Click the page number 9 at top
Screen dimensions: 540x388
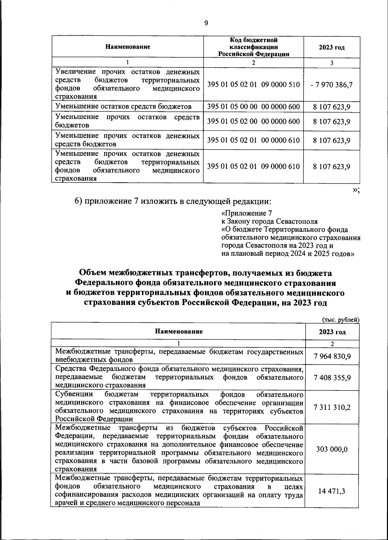coord(206,23)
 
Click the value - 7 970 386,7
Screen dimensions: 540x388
coord(332,85)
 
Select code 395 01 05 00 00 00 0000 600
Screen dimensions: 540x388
coord(253,107)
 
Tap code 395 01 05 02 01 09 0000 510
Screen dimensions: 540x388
coord(253,84)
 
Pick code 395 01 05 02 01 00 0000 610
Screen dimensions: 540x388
coord(253,140)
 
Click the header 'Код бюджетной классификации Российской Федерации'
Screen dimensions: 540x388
coord(253,47)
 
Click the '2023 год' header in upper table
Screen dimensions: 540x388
coord(332,47)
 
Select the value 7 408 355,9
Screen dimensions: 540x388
coord(332,378)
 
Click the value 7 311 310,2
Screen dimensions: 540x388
coord(332,407)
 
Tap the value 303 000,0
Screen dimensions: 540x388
coord(332,449)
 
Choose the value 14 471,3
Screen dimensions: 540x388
coord(332,491)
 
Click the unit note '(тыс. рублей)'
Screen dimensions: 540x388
coord(341,320)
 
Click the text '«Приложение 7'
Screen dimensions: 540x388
coord(246,213)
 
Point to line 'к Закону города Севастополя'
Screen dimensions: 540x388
coord(269,221)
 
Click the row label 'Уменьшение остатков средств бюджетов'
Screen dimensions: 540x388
coord(123,107)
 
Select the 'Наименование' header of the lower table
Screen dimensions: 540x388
coord(179,332)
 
